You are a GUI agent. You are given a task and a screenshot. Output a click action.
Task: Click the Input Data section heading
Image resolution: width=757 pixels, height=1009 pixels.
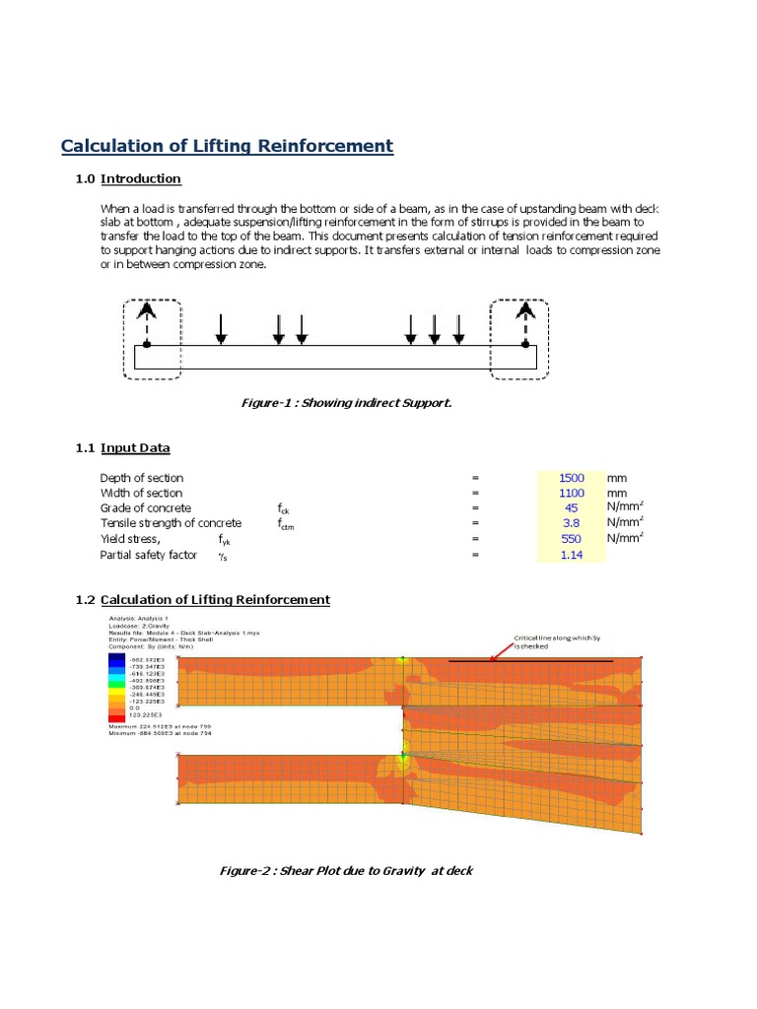pyautogui.click(x=135, y=447)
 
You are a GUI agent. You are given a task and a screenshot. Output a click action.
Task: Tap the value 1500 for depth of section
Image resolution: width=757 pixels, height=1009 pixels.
pyautogui.click(x=571, y=478)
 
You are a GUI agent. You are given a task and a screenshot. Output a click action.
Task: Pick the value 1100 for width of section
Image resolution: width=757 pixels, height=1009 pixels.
pyautogui.click(x=571, y=493)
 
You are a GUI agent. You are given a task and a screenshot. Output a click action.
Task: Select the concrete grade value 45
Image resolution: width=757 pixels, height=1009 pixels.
pyautogui.click(x=571, y=508)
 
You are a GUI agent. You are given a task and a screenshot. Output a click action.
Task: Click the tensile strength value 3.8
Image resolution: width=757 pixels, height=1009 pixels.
pyautogui.click(x=571, y=523)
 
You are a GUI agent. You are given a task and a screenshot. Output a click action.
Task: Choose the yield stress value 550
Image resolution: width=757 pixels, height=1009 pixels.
pyautogui.click(x=571, y=539)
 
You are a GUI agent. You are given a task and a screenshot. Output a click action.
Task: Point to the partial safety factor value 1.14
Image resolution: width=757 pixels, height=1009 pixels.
pyautogui.click(x=571, y=555)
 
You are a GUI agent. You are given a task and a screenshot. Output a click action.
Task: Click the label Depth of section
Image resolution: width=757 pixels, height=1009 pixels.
pyautogui.click(x=141, y=478)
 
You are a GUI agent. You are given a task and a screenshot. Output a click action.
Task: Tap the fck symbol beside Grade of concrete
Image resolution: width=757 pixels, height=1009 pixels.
pyautogui.click(x=285, y=510)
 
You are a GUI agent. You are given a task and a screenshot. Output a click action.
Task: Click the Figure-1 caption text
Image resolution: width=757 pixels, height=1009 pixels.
pyautogui.click(x=332, y=403)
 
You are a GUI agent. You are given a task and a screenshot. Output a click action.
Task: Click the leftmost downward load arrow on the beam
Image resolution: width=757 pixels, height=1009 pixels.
pyautogui.click(x=222, y=329)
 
